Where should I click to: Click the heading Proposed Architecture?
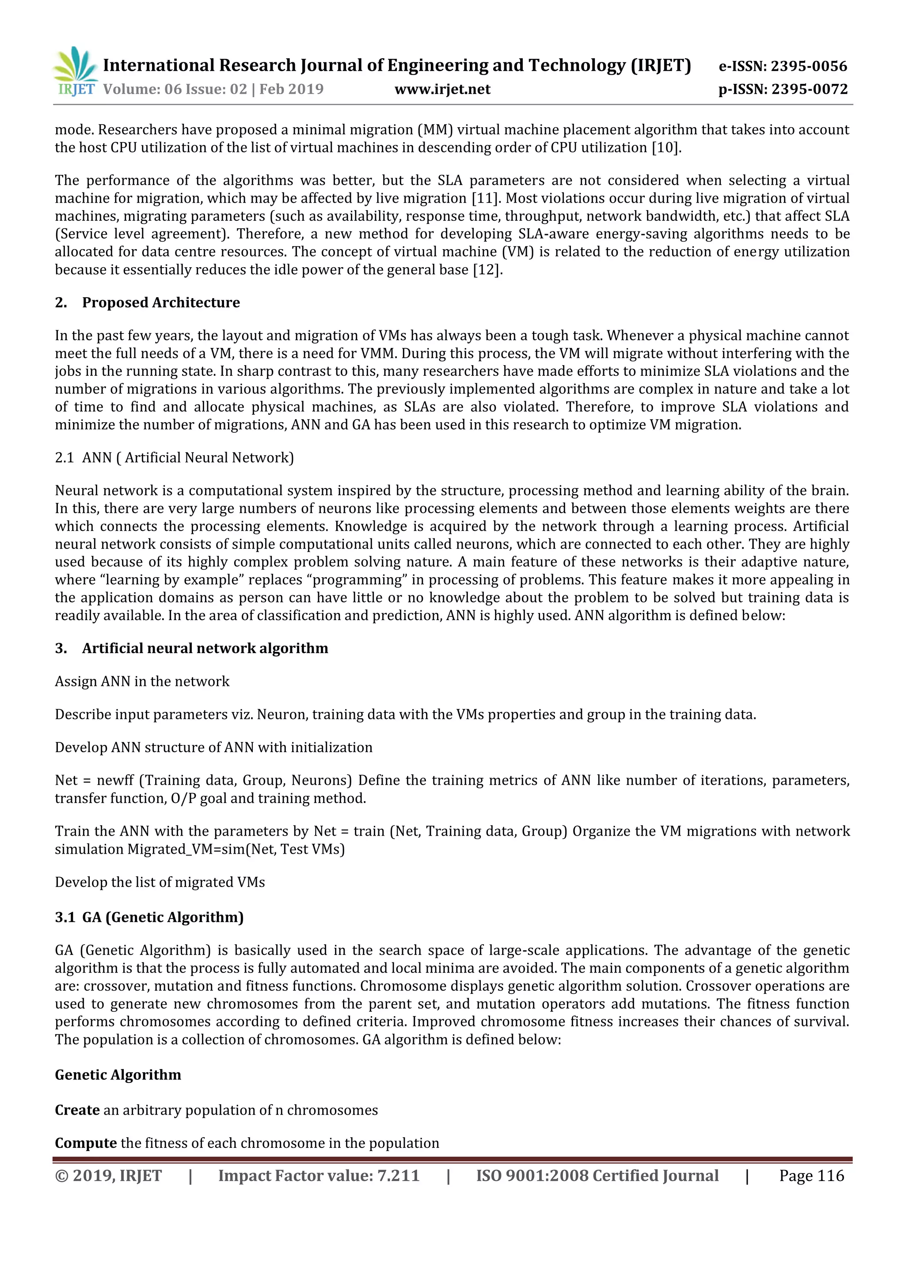160,303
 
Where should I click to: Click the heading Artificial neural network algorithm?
205,648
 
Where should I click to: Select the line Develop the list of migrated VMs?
160,882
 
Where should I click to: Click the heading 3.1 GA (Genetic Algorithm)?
149,917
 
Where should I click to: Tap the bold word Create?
77,1110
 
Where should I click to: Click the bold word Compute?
85,1143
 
